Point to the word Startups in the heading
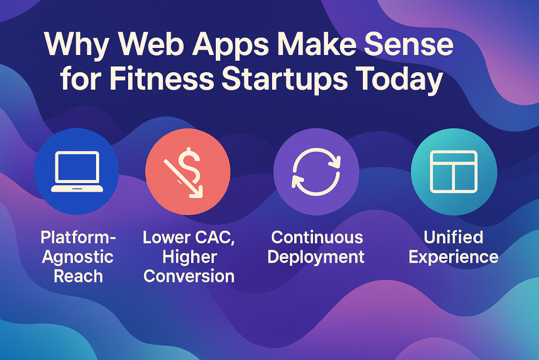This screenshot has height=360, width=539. [284, 81]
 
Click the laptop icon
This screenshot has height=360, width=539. [77, 172]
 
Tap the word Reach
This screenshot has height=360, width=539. [78, 276]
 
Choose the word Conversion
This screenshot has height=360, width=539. [189, 276]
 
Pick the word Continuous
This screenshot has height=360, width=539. [317, 237]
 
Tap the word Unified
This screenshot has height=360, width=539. [453, 237]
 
